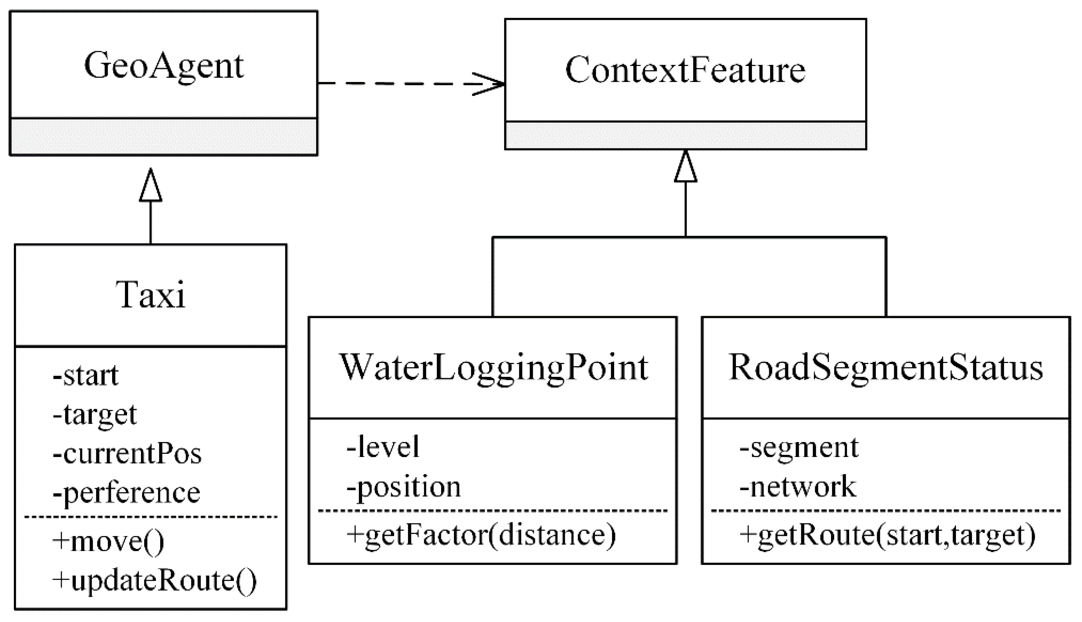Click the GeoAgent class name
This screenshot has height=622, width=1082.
pyautogui.click(x=164, y=66)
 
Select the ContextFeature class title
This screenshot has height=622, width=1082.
pyautogui.click(x=685, y=71)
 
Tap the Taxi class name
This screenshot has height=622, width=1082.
pyautogui.click(x=151, y=295)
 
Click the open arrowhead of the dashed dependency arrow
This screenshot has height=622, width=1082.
pyautogui.click(x=491, y=84)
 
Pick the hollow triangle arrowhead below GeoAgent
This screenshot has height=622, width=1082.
pyautogui.click(x=151, y=186)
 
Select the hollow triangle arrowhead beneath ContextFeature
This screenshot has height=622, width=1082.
pyautogui.click(x=685, y=167)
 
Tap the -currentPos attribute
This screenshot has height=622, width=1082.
pyautogui.click(x=127, y=454)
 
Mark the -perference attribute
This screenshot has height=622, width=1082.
pyautogui.click(x=126, y=493)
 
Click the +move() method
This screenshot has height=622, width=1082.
pyautogui.click(x=108, y=541)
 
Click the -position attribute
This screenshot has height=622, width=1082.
pyautogui.click(x=404, y=486)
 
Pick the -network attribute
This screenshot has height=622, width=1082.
pyautogui.click(x=798, y=486)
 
